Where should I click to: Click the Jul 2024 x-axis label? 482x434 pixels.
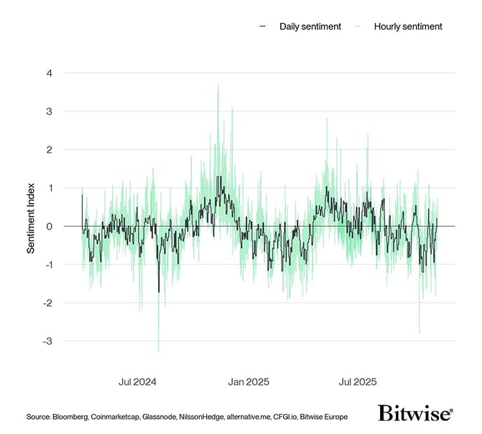[x=137, y=381]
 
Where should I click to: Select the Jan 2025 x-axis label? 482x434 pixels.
[x=249, y=381]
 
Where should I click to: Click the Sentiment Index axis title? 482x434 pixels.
[x=32, y=217]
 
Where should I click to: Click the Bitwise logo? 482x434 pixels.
[x=415, y=413]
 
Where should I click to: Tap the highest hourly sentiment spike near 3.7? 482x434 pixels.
[x=218, y=84]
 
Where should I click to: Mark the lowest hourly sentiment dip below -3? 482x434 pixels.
[x=159, y=351]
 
